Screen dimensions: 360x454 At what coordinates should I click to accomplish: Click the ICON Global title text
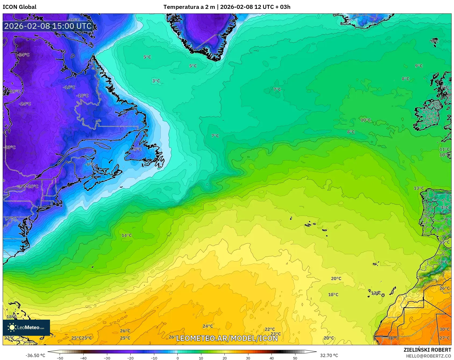tap(19, 7)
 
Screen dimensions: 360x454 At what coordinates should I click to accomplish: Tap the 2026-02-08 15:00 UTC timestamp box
tap(48, 26)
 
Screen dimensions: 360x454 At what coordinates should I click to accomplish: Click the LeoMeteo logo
tap(26, 327)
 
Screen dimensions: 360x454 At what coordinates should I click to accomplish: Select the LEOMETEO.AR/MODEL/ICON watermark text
tap(227, 338)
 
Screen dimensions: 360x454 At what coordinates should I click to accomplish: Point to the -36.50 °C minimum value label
tap(35, 355)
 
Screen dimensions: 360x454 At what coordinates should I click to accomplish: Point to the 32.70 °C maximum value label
tap(329, 355)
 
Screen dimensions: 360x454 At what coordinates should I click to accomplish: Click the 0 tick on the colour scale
tap(177, 358)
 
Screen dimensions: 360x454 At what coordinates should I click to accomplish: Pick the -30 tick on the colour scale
tap(107, 358)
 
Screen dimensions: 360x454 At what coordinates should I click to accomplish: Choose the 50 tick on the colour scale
tap(295, 358)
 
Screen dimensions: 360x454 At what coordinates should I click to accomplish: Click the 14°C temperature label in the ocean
tap(127, 235)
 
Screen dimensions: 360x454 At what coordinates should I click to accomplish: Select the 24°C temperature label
tap(208, 326)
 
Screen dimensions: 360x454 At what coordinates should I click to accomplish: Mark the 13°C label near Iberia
tap(419, 188)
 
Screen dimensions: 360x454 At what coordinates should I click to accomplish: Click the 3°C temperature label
tap(156, 81)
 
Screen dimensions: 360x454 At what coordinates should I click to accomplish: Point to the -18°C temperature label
tap(82, 96)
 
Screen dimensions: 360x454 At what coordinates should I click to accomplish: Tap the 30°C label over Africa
tap(444, 329)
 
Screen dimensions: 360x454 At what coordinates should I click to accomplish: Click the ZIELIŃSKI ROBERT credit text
tap(427, 350)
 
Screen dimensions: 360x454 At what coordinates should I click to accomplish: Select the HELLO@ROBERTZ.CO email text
tap(428, 356)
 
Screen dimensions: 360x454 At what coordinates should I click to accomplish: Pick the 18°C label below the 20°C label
tap(333, 295)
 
